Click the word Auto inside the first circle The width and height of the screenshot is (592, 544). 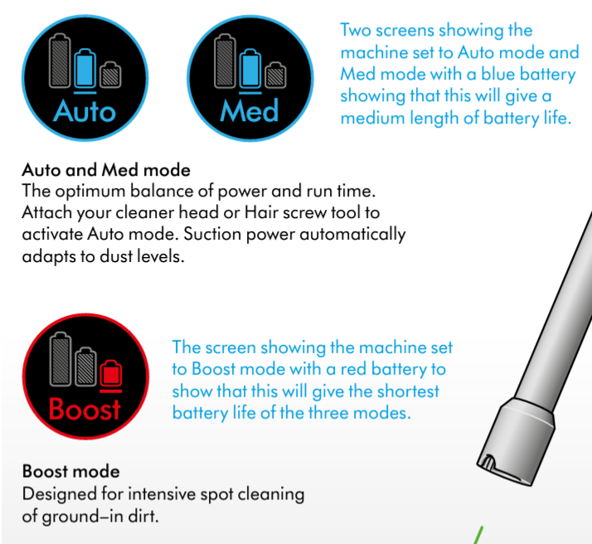[85, 111]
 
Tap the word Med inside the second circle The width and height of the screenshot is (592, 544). [250, 110]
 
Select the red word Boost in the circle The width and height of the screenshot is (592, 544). [85, 409]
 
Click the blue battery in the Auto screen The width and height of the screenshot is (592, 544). [85, 68]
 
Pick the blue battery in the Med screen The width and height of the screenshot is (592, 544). [250, 68]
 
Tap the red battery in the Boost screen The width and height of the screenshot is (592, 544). [111, 373]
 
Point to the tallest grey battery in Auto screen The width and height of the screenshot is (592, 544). [60, 61]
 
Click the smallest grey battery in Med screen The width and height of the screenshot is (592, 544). [275, 75]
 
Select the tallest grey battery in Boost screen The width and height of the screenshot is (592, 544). [61, 359]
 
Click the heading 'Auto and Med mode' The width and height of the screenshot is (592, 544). [106, 170]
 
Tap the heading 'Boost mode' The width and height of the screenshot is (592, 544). [71, 472]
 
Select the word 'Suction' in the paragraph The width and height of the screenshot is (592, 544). [212, 234]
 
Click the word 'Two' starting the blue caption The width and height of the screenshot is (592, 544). [356, 30]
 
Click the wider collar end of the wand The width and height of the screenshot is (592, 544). [516, 442]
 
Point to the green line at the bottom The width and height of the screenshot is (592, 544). [478, 536]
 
